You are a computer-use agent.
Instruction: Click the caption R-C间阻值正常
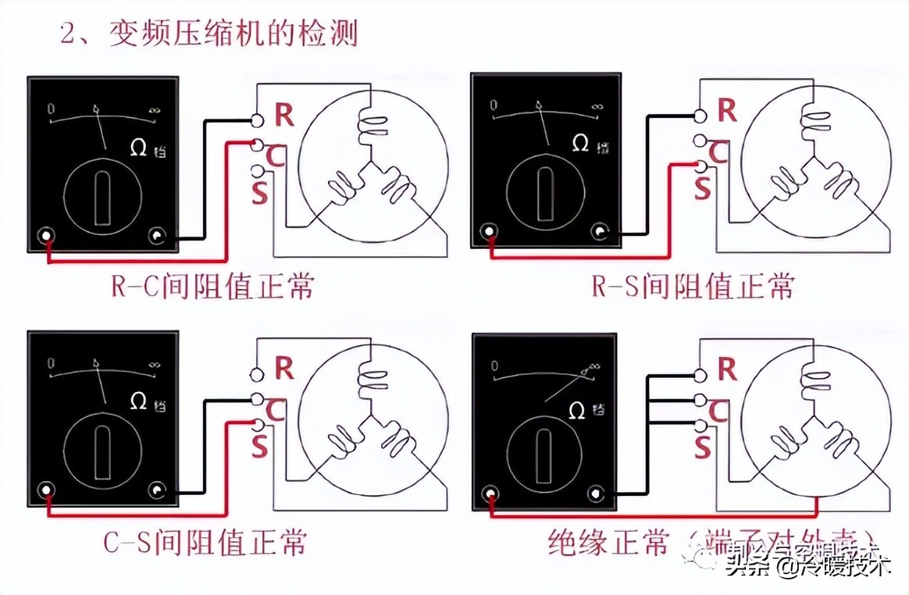click(212, 287)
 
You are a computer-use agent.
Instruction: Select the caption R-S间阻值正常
click(692, 287)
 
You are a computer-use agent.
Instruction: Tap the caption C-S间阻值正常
click(205, 541)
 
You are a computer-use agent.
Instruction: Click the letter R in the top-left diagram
click(284, 116)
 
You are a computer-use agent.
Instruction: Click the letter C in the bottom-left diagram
click(274, 408)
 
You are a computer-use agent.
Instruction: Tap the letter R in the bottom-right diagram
click(727, 369)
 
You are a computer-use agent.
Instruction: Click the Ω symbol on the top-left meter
click(138, 147)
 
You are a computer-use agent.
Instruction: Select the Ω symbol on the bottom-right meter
click(579, 409)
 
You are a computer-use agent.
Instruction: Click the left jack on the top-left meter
click(48, 236)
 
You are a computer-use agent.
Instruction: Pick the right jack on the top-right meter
click(601, 232)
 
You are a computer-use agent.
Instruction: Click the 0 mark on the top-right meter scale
click(494, 105)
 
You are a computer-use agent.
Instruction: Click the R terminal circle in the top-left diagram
click(258, 119)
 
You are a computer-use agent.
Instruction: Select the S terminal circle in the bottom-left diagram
click(258, 424)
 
